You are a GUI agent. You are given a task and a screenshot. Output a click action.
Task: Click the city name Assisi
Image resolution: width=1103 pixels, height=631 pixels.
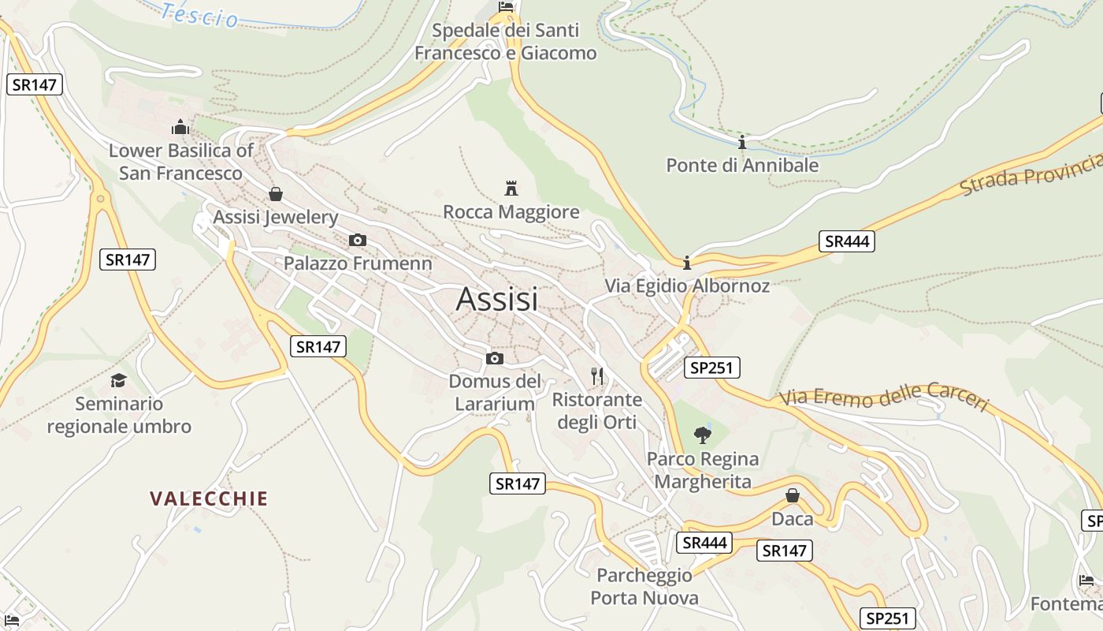497,300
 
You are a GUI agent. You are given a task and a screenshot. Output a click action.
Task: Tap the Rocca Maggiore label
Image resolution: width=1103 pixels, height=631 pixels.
511,212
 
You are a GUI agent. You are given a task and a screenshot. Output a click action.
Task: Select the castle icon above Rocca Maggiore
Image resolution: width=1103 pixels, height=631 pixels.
511,188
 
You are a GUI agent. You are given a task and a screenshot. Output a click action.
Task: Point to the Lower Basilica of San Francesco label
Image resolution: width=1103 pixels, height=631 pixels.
180,162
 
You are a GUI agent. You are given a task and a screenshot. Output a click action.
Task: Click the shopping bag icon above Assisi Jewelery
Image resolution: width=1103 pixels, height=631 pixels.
276,194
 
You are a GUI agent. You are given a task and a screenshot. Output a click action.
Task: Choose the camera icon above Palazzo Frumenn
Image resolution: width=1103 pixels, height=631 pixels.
358,240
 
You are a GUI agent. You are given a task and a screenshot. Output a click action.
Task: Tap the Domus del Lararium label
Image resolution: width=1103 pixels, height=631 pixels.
495,393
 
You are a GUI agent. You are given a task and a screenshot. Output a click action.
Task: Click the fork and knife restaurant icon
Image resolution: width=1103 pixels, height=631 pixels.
597,375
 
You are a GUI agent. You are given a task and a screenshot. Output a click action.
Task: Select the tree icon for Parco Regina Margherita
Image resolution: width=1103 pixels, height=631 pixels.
702,435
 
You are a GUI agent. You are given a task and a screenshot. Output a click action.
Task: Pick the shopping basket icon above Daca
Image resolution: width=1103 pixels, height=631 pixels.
793,495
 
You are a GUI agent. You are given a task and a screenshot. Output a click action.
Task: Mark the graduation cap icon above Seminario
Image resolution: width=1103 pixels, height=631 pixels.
118,380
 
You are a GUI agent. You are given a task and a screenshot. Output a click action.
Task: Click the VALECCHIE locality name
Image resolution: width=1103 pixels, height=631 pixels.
209,498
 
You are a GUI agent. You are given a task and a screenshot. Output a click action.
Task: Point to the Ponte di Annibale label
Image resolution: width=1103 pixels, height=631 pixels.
742,166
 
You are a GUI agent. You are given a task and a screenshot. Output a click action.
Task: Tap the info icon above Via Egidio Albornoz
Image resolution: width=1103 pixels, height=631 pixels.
687,262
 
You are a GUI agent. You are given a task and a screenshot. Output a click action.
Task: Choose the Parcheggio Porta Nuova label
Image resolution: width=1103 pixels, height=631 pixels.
644,586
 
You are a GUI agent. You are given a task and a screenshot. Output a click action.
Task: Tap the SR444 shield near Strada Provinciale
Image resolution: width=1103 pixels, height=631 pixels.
847,241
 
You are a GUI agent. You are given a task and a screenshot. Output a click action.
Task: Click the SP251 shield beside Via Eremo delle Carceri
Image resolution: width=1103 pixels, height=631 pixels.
712,367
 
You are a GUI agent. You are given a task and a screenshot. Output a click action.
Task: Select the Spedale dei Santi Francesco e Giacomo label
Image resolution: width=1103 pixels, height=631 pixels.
506,42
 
